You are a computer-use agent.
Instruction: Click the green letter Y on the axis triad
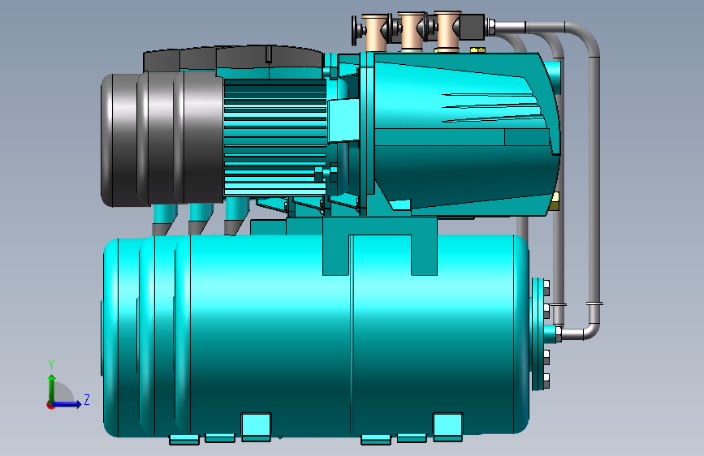[x=51, y=365]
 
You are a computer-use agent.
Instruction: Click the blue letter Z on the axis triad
[x=86, y=399]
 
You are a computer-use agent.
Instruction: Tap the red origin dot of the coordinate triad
[x=50, y=405]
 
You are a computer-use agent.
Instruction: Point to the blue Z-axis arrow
[x=67, y=404]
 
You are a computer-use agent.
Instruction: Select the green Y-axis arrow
[x=52, y=389]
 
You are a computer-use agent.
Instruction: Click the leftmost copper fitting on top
[x=374, y=32]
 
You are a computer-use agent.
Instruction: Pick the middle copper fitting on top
[x=411, y=32]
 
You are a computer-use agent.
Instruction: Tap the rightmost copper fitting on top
[x=447, y=31]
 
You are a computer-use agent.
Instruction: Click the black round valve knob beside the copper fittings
[x=355, y=30]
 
